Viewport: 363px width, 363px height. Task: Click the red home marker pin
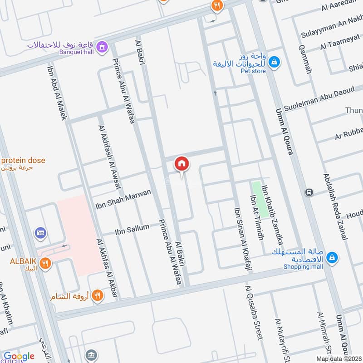pos(181,164)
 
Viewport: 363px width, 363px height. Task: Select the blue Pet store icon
pos(274,61)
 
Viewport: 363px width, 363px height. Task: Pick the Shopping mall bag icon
pos(332,257)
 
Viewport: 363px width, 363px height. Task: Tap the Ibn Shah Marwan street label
pos(123,200)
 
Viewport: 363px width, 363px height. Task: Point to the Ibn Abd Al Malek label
pos(58,93)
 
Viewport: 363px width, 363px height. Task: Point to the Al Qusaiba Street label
pos(253,313)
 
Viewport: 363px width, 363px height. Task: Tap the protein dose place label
pos(23,161)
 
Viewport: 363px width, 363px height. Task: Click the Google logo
pos(19,356)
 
